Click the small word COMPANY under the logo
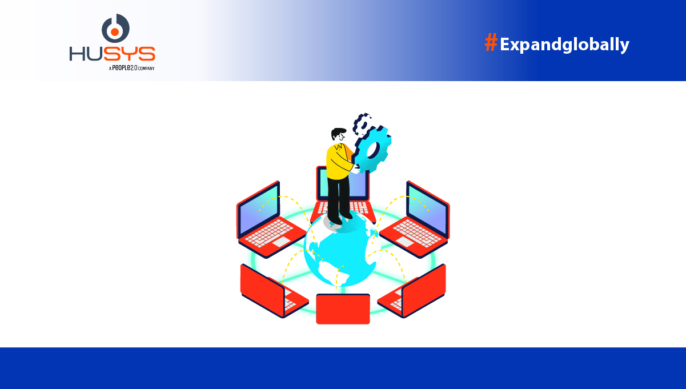tap(146, 68)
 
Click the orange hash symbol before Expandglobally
tap(491, 43)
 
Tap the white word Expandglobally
tap(564, 45)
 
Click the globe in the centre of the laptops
tap(341, 251)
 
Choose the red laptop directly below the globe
tap(343, 308)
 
